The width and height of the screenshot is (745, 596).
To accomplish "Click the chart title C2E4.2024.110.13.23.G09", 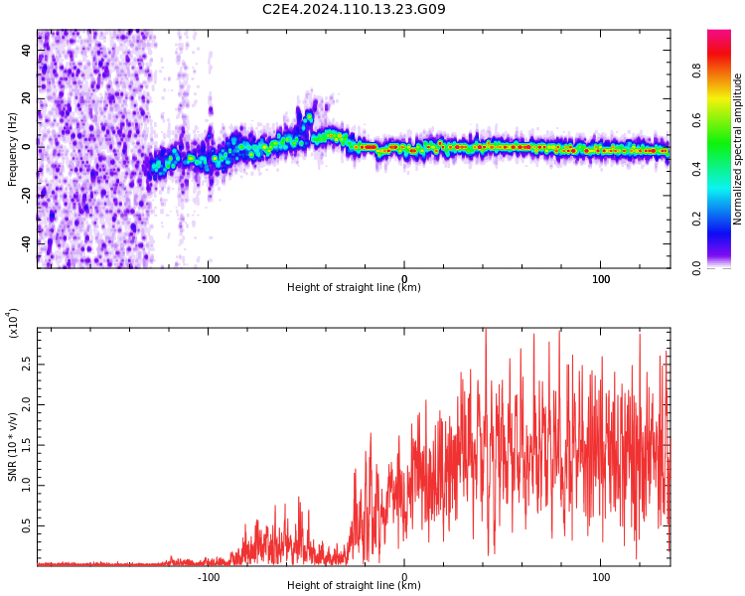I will (x=354, y=10).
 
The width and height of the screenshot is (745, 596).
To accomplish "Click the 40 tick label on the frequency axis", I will (x=27, y=50).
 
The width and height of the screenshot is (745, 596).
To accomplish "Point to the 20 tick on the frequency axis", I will (x=27, y=98).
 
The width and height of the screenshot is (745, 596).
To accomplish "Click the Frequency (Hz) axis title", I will (x=12, y=149).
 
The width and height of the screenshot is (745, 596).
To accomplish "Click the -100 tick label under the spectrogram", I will (x=208, y=278).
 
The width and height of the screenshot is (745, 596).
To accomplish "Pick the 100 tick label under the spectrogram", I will (x=601, y=278).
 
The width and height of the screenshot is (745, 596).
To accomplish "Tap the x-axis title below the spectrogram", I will (x=354, y=288).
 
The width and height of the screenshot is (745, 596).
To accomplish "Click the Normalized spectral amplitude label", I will (x=738, y=149).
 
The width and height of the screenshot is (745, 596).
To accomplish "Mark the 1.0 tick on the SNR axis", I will (x=27, y=486).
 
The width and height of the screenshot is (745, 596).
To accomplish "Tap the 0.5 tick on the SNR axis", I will (x=27, y=526).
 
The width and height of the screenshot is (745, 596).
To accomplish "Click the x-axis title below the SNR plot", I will (x=354, y=586).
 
